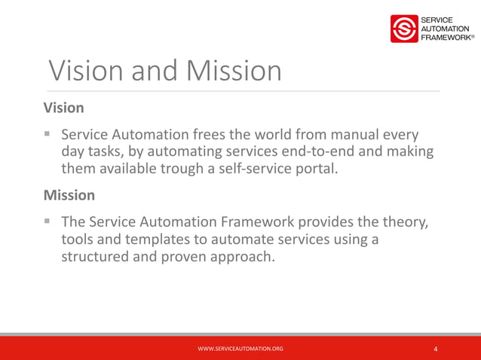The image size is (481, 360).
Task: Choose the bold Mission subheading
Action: click(x=69, y=194)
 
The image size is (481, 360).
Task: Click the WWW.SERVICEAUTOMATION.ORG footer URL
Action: click(x=240, y=349)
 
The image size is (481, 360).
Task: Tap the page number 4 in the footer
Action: click(x=436, y=349)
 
